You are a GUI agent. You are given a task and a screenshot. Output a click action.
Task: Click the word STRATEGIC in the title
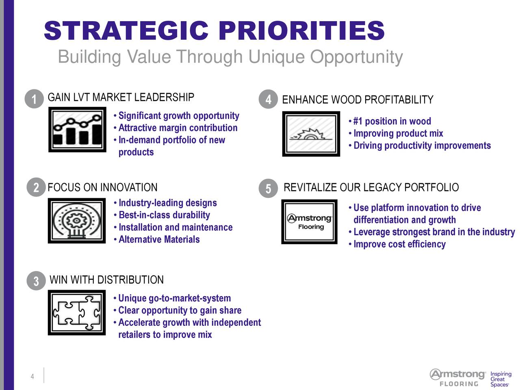(126, 31)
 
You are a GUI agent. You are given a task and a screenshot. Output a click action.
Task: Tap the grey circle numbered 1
(34, 99)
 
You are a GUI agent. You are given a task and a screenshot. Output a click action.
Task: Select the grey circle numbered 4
(268, 99)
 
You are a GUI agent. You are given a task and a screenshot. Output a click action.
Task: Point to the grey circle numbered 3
(36, 281)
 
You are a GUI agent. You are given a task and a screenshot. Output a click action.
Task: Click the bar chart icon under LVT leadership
(77, 130)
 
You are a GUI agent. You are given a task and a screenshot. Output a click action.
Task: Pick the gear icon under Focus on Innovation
(77, 221)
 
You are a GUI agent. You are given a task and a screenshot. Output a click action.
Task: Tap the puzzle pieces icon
(77, 312)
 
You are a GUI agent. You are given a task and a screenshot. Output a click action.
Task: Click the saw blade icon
(311, 134)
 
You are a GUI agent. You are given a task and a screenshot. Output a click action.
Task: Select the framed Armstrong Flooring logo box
(309, 222)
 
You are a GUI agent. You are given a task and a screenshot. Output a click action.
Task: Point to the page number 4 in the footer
(32, 376)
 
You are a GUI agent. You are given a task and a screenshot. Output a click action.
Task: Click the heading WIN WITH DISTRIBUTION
(106, 279)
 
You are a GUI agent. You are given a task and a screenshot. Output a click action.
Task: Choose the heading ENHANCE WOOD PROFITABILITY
(358, 100)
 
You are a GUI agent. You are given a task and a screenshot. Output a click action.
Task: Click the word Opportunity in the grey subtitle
(356, 57)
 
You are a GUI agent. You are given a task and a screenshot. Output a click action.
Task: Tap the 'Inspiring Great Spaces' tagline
(501, 379)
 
